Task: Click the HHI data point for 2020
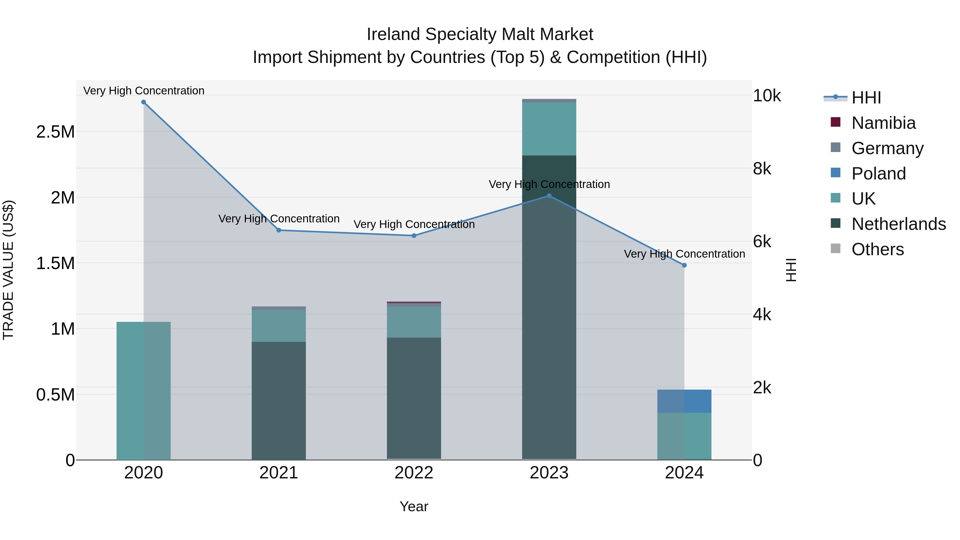coord(143,102)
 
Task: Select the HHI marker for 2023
coord(549,196)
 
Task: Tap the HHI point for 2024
coord(684,265)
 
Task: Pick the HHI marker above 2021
coord(279,230)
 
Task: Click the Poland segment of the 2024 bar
coord(684,401)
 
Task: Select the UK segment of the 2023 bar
coord(549,129)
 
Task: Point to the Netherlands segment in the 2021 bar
coord(279,401)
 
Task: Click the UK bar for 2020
coord(143,391)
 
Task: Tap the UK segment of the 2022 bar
coord(414,322)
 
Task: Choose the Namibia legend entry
coord(883,123)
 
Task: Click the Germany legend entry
coord(887,148)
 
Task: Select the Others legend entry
coord(877,249)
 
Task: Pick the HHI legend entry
coord(866,98)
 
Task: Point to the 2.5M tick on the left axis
coord(55,132)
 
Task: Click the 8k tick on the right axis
coord(762,169)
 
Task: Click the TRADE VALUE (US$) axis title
coord(8,270)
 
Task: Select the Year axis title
coord(414,506)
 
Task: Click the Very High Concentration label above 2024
coord(684,254)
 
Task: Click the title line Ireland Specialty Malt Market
coord(480,34)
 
